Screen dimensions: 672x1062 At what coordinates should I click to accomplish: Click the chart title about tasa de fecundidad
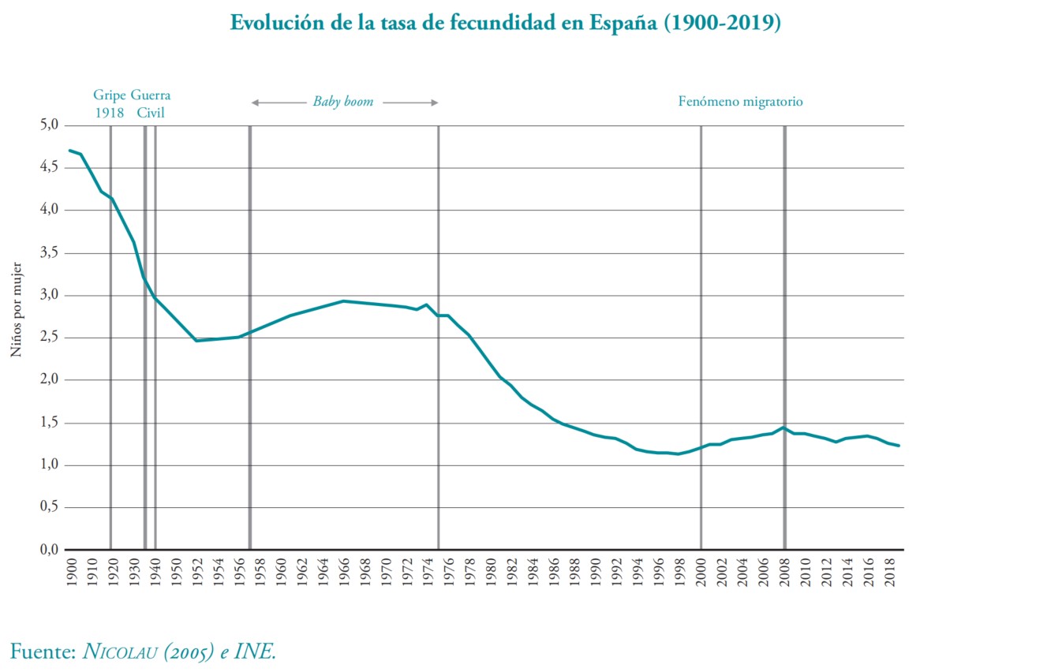pos(505,23)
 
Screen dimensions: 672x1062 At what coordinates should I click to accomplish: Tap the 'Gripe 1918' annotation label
pos(110,103)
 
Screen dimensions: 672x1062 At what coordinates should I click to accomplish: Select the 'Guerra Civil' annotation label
pos(151,103)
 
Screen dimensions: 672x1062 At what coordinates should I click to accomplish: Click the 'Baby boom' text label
pos(343,102)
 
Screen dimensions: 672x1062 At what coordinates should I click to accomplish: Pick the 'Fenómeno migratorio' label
pos(740,102)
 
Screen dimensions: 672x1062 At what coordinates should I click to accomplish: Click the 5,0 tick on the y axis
pos(50,125)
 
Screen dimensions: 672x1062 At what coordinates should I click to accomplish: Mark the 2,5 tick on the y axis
pos(50,337)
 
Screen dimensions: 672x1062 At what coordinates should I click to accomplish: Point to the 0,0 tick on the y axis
pos(50,549)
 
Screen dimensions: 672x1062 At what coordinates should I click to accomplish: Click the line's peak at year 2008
pos(783,427)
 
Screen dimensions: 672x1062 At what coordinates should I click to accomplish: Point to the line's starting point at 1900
pos(70,150)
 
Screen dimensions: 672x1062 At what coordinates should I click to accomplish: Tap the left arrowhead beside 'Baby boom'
pos(255,102)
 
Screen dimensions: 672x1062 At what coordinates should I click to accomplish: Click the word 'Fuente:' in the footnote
pos(43,651)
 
